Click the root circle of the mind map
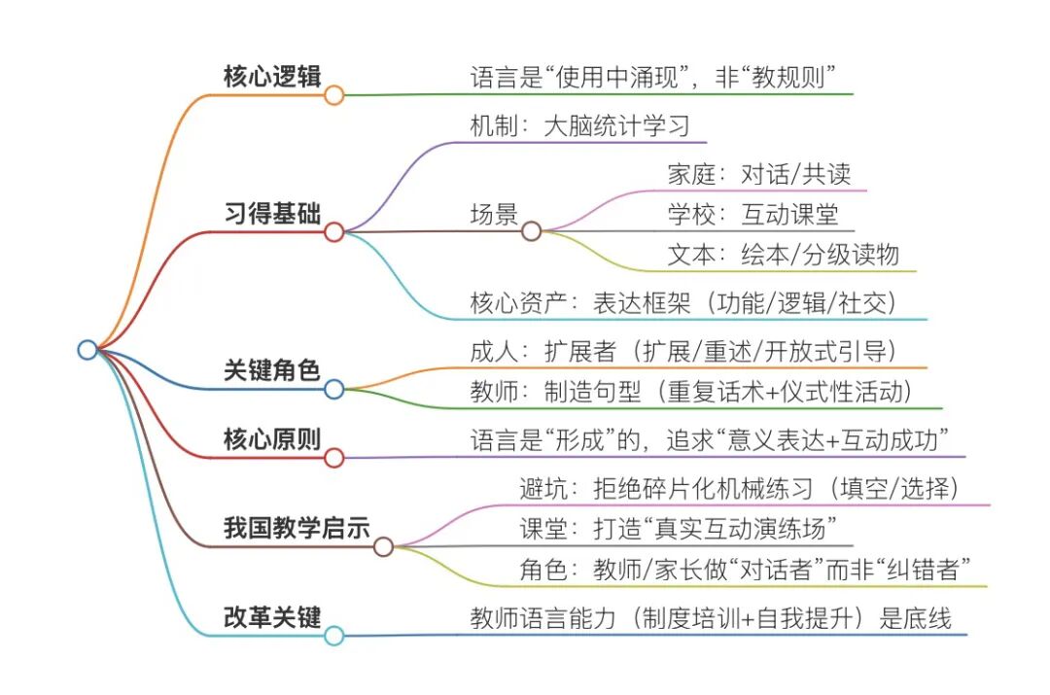(x=87, y=350)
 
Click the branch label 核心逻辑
(x=271, y=77)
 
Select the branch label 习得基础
(x=271, y=213)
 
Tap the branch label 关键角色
(x=271, y=369)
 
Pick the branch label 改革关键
(x=271, y=616)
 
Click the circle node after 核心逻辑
(x=333, y=95)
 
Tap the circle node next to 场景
(x=531, y=231)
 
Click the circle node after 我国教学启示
(x=383, y=546)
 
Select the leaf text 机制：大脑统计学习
(x=580, y=126)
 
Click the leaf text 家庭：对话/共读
(x=759, y=174)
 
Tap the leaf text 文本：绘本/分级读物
(x=784, y=255)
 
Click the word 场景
(x=493, y=214)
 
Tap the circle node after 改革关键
(x=333, y=636)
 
